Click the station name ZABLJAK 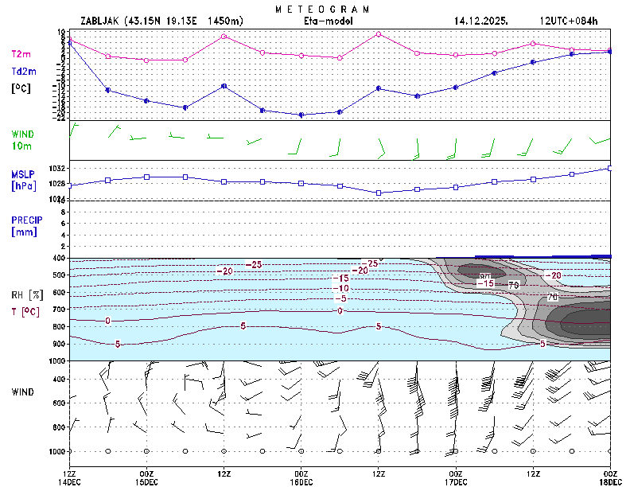click(102, 21)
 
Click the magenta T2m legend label click(21, 54)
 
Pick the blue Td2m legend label click(22, 71)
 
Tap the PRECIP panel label click(26, 225)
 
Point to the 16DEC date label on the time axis click(301, 482)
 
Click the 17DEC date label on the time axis click(456, 482)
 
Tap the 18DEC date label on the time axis click(610, 482)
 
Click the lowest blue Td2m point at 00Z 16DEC click(301, 115)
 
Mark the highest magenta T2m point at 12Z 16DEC click(379, 34)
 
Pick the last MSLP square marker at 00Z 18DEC click(610, 168)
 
